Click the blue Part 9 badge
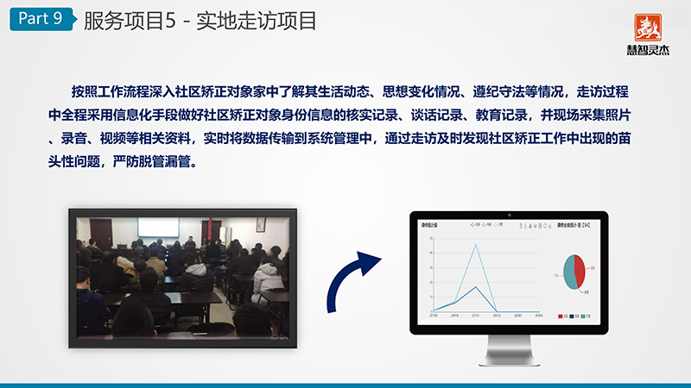pos(40,20)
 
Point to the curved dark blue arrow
pos(357,279)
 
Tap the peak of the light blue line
pos(475,244)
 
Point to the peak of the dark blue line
pos(475,286)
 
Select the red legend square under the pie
pos(562,317)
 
